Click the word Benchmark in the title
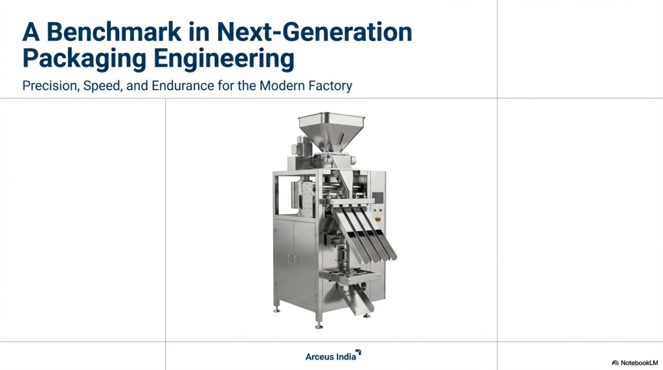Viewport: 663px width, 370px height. (x=114, y=32)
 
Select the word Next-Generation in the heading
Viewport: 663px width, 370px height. (x=314, y=32)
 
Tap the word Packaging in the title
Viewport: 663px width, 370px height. (x=85, y=59)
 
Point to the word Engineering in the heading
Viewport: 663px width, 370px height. (x=223, y=59)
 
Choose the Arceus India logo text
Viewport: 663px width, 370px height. (x=331, y=357)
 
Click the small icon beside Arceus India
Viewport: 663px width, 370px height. (x=359, y=353)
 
